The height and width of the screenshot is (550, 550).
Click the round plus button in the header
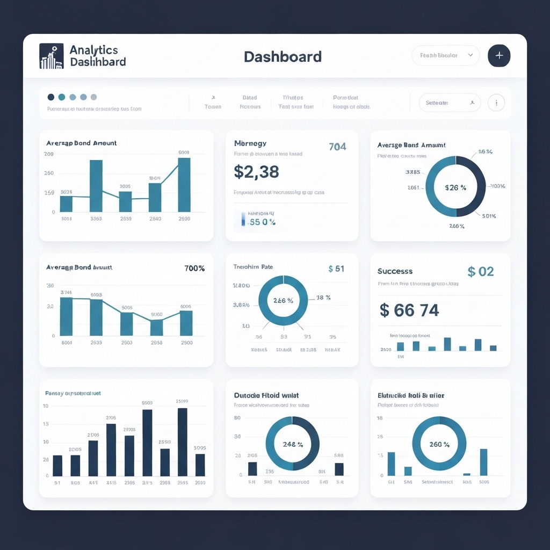click(x=499, y=56)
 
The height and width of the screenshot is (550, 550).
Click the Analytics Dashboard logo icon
click(x=52, y=56)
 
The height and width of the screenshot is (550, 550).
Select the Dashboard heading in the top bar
click(x=283, y=57)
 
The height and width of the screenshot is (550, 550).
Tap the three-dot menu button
click(x=496, y=103)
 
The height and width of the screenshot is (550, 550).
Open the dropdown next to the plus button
click(x=445, y=55)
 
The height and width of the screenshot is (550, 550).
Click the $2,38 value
click(x=256, y=172)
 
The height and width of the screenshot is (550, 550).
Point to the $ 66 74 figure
click(x=409, y=310)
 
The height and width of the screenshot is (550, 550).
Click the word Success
click(x=395, y=271)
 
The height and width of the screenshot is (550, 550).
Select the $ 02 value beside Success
click(x=480, y=271)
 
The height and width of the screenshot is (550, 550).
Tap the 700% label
click(x=194, y=268)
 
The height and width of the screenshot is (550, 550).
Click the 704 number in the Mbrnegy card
click(x=337, y=147)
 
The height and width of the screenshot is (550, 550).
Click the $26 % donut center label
click(x=455, y=188)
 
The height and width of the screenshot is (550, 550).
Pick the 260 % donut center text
click(x=439, y=444)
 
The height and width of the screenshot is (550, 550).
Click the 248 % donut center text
click(x=293, y=444)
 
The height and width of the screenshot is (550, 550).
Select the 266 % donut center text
click(x=283, y=300)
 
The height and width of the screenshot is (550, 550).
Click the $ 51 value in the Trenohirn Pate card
click(x=336, y=269)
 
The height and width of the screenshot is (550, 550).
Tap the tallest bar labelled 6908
click(x=184, y=184)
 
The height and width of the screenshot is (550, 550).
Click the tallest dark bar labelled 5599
click(x=182, y=442)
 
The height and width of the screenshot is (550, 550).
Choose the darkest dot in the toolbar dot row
click(x=51, y=97)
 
